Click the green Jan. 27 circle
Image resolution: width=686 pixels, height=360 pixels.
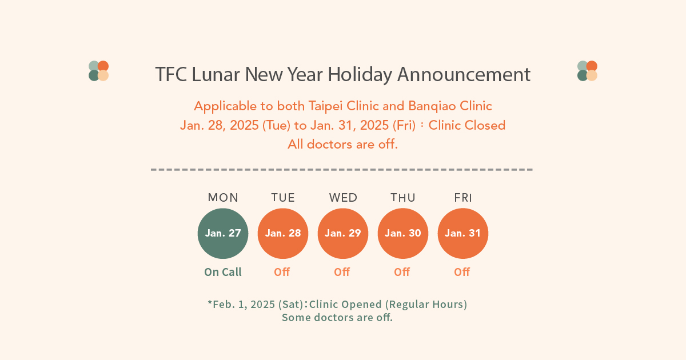[x=223, y=234]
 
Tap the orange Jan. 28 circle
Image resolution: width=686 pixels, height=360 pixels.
[x=283, y=234]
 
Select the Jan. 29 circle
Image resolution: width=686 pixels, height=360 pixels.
[x=343, y=234]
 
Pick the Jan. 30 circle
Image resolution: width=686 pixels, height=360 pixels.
[x=403, y=234]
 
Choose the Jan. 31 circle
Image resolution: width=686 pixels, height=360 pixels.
[x=463, y=234]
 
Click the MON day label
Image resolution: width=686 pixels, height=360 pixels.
[x=223, y=198]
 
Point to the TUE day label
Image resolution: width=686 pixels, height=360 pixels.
[x=283, y=198]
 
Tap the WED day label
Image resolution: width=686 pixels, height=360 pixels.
[x=343, y=198]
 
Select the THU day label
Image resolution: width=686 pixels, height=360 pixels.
[x=403, y=198]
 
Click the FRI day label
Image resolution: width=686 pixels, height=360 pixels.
[x=463, y=198]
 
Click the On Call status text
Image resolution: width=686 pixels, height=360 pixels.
[x=223, y=272]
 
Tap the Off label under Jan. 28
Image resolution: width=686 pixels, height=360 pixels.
[x=282, y=272]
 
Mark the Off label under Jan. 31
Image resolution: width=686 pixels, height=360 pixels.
[x=462, y=272]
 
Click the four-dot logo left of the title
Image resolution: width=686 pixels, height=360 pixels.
[x=98, y=71]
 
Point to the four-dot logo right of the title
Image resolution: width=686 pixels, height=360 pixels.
[x=588, y=71]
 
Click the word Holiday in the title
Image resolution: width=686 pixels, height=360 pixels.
[x=360, y=75]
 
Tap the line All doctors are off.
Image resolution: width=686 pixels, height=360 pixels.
[x=342, y=144]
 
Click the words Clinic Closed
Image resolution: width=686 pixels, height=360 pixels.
[x=466, y=125]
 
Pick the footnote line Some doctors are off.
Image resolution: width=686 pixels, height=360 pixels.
[x=337, y=318]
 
